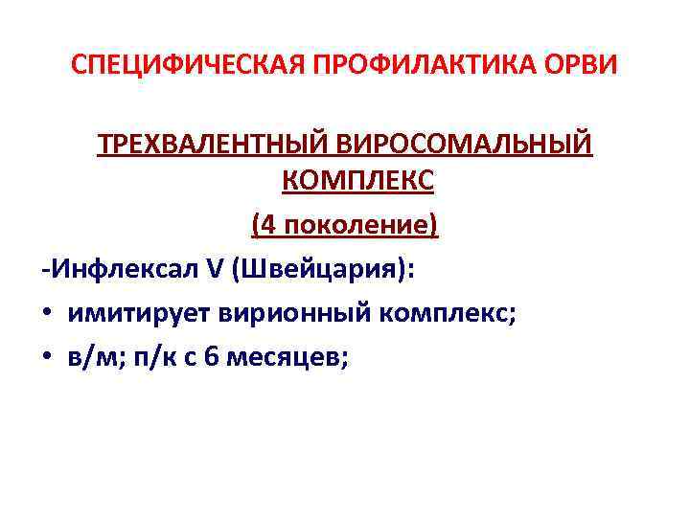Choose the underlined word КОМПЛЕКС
pos(345,179)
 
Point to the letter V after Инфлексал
pos(212,270)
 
